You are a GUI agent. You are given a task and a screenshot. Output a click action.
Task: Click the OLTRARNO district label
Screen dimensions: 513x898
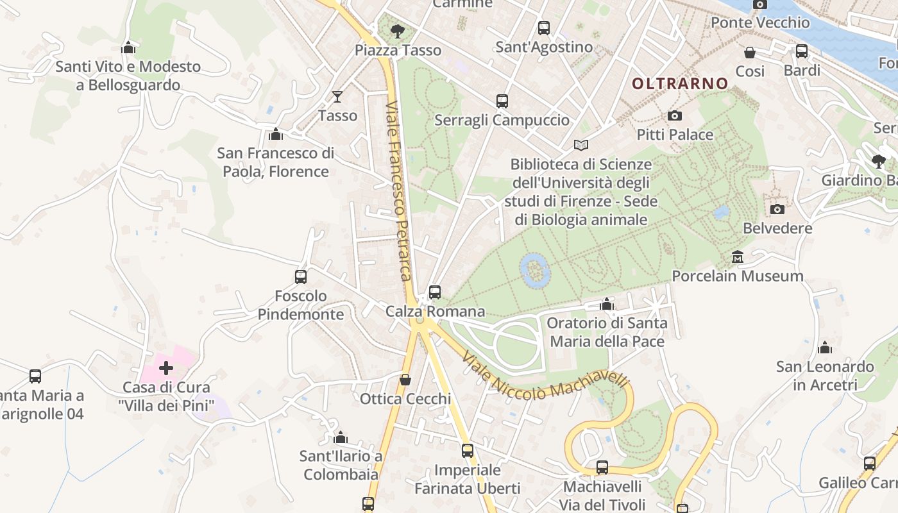coord(680,83)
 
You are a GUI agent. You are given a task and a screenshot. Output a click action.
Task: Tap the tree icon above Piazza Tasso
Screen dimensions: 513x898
coord(398,30)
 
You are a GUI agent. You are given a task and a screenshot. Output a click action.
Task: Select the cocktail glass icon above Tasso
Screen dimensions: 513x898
coord(337,97)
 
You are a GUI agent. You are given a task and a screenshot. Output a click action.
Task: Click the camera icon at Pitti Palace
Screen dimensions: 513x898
coord(674,115)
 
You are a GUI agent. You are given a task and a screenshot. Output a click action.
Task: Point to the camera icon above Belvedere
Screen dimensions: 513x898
coord(777,209)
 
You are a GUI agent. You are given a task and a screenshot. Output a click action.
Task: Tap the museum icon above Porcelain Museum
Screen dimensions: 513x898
coord(738,257)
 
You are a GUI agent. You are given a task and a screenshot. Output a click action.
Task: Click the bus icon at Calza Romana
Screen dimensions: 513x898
coord(435,292)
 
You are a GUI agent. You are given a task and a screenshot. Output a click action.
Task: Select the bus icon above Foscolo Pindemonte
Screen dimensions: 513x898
coord(301,277)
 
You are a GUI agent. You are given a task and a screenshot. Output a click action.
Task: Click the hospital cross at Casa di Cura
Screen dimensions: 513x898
coord(166,368)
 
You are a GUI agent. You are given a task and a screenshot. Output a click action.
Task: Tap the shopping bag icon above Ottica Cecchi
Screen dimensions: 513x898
coord(405,380)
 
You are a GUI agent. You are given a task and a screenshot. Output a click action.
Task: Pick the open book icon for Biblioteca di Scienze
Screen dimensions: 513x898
coord(581,146)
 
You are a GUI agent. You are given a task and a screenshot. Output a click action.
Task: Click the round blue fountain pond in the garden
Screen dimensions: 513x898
coord(534,269)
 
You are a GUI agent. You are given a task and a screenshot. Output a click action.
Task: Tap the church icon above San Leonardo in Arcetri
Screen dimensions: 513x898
coord(825,348)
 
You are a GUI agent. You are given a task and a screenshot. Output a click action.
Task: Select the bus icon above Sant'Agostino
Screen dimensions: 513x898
coord(544,28)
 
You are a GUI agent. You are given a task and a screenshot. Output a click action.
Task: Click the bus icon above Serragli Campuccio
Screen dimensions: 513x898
coord(502,101)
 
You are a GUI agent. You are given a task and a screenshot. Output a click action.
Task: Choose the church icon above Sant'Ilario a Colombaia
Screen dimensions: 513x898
coord(341,437)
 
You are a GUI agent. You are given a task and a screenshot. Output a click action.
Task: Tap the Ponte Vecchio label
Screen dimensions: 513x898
coord(760,22)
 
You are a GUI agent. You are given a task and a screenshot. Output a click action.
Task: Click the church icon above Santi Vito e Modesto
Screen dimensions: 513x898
coord(128,47)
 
